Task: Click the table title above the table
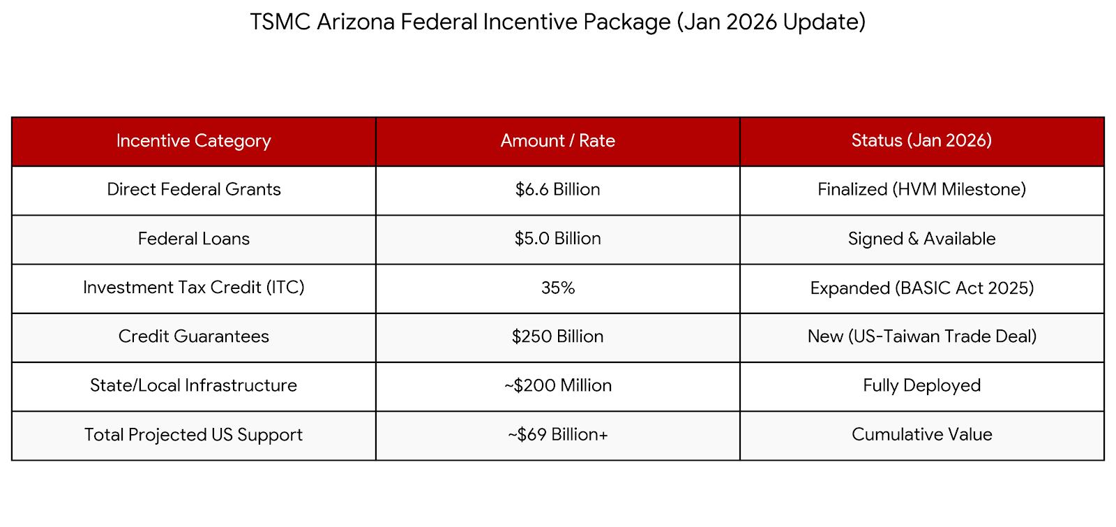(x=557, y=22)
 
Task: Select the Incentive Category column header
(x=193, y=141)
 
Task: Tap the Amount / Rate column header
(x=557, y=141)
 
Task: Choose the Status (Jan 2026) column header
(x=921, y=141)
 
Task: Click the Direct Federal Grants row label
(x=193, y=190)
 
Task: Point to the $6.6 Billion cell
(x=557, y=190)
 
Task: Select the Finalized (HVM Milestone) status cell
(x=921, y=190)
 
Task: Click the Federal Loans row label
(x=193, y=239)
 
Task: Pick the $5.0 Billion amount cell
(x=557, y=239)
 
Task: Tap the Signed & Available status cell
(x=921, y=239)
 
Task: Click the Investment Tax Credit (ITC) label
(x=193, y=288)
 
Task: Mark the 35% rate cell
(x=557, y=288)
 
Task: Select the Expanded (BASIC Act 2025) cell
(x=921, y=288)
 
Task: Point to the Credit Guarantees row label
(x=193, y=336)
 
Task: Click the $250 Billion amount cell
(x=557, y=336)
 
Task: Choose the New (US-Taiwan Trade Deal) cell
(x=921, y=336)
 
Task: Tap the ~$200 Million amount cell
(x=557, y=385)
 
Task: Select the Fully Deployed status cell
(x=921, y=385)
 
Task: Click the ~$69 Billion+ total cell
(x=557, y=435)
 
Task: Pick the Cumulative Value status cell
(x=921, y=435)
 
